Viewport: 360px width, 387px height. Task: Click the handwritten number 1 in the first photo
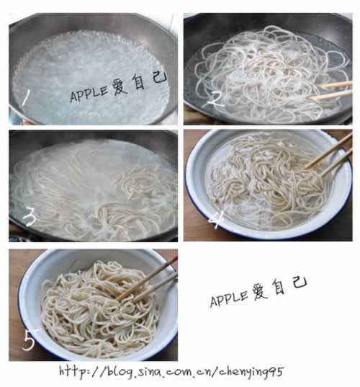[x=26, y=97]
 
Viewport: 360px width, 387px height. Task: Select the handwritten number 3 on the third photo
[x=30, y=217]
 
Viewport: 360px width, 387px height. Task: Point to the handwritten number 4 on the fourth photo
[x=216, y=220]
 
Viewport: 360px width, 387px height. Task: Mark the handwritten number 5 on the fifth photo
[x=29, y=341]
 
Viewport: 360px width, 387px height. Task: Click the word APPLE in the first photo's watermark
[x=89, y=94]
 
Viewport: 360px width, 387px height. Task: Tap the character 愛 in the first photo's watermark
[x=120, y=87]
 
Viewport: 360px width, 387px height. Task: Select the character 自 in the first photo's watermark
[x=138, y=81]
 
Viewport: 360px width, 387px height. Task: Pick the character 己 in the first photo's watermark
[x=160, y=76]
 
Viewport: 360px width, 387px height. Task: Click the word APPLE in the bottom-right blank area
[x=228, y=298]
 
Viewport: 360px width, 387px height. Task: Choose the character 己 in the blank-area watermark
[x=300, y=282]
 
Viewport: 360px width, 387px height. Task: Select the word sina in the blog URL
[x=148, y=371]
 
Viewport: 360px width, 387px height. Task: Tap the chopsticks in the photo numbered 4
[x=328, y=154]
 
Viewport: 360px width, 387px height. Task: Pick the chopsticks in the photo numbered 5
[x=147, y=279]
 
